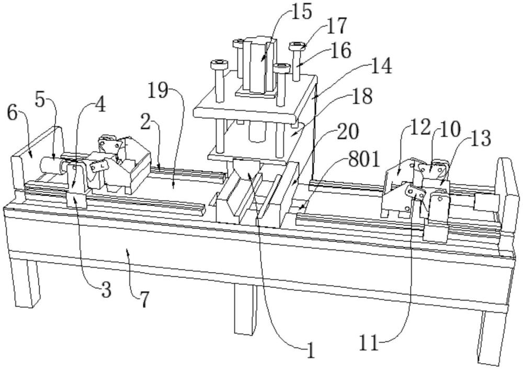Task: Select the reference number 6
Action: coord(12,113)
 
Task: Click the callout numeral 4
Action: coord(99,104)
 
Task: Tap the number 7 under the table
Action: coord(143,300)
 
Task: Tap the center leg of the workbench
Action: coord(244,309)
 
